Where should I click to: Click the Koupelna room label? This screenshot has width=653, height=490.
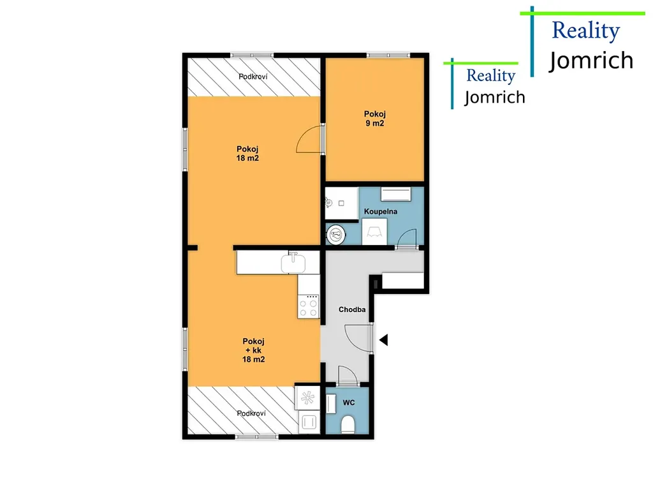click(380, 212)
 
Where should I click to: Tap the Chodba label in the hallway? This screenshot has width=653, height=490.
click(352, 309)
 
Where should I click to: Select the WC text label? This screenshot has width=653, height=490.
click(349, 403)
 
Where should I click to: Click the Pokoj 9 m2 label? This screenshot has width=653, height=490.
click(375, 118)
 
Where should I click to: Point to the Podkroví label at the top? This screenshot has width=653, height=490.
click(253, 77)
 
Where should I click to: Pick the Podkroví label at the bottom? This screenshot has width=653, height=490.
click(251, 413)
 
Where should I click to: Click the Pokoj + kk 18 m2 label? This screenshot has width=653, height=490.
click(254, 350)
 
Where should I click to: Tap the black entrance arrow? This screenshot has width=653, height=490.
click(383, 340)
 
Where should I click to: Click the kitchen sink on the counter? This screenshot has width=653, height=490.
click(293, 263)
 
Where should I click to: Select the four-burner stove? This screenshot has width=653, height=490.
click(309, 307)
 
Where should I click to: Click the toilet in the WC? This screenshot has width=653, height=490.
click(348, 424)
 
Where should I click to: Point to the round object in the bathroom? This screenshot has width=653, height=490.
click(335, 235)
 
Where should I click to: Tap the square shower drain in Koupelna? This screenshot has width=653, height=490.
click(342, 204)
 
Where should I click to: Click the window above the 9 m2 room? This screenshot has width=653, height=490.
click(388, 55)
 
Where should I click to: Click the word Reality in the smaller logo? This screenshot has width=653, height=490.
click(491, 76)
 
